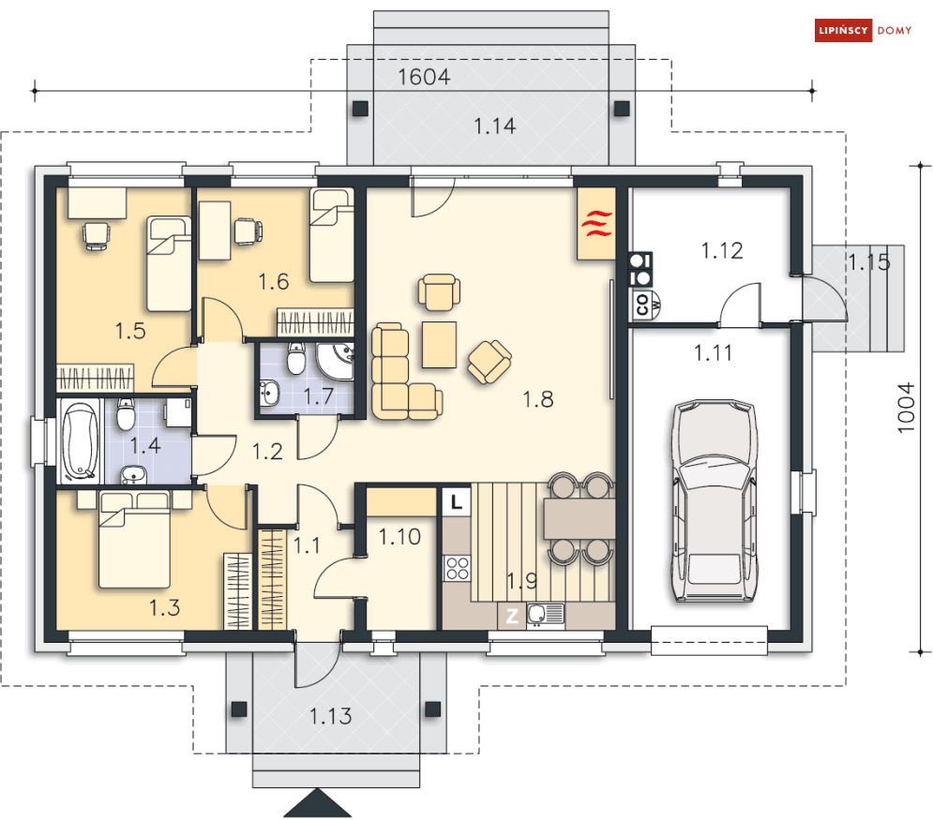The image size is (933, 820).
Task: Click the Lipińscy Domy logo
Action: (863, 30)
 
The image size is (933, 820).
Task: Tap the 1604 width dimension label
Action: (424, 77)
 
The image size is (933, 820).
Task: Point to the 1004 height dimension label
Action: (905, 408)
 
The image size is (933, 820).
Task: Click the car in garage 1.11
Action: (715, 500)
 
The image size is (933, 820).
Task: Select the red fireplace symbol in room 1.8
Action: (596, 223)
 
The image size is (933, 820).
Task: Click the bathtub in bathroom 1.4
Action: (81, 440)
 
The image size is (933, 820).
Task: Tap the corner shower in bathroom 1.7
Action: (336, 361)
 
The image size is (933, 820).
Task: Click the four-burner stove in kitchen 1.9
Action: (458, 568)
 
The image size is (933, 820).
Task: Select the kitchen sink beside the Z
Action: (546, 615)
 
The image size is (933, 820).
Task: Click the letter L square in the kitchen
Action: (457, 502)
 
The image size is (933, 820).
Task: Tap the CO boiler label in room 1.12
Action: (641, 304)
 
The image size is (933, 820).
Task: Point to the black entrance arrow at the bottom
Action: (317, 803)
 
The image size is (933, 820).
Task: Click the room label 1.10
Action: (399, 537)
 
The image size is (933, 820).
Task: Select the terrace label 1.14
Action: (494, 127)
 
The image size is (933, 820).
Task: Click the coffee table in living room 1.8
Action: (439, 344)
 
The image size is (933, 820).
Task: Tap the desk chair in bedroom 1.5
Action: (97, 235)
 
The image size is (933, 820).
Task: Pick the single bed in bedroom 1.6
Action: (332, 235)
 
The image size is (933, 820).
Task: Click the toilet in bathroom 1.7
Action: (295, 358)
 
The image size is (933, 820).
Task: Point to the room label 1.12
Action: (722, 251)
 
